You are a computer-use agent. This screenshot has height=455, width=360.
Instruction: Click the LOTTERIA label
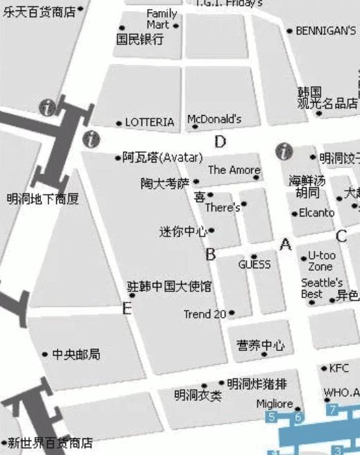click(x=150, y=122)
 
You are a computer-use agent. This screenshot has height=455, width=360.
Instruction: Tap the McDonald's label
click(x=214, y=119)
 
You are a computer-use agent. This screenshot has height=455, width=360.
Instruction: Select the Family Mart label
click(x=162, y=19)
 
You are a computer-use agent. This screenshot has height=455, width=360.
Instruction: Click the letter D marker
click(x=220, y=142)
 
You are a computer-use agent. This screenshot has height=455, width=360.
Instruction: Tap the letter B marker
click(x=210, y=255)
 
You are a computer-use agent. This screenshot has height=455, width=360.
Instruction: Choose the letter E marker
click(x=127, y=309)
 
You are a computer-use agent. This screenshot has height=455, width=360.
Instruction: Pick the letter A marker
click(x=284, y=244)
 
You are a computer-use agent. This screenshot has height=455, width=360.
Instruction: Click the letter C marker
click(x=341, y=237)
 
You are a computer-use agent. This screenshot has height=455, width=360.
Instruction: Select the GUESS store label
click(x=255, y=264)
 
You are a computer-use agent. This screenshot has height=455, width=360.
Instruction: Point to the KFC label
click(x=339, y=368)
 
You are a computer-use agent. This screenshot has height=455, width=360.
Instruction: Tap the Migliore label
click(x=275, y=404)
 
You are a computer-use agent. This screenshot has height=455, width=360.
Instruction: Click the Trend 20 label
click(x=205, y=314)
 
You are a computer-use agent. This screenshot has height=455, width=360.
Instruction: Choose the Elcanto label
click(x=316, y=213)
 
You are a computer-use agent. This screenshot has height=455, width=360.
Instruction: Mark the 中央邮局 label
click(x=76, y=354)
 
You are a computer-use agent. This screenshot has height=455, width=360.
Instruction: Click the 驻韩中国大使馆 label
click(x=170, y=286)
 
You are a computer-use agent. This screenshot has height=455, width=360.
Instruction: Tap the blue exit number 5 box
click(x=272, y=417)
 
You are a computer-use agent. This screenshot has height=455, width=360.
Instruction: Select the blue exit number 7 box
click(x=333, y=410)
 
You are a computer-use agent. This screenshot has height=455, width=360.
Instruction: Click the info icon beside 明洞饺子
click(x=284, y=151)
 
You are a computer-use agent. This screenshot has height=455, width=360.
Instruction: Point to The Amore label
click(x=234, y=170)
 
